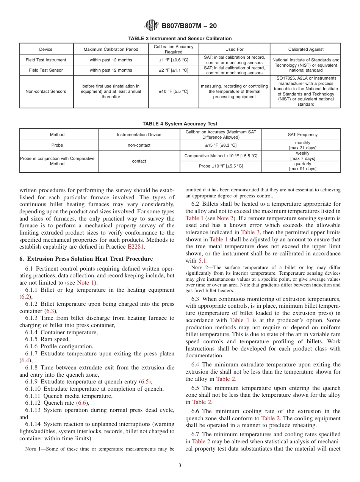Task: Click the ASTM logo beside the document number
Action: (152, 26)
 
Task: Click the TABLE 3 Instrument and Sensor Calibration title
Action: (180, 39)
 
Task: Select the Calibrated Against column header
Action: (305, 49)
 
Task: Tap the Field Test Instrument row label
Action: (46, 60)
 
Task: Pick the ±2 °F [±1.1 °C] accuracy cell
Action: (174, 70)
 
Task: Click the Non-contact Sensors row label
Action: (46, 91)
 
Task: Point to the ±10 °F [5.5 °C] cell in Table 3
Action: (174, 91)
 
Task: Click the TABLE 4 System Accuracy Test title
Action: (180, 124)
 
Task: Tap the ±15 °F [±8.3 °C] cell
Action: (221, 145)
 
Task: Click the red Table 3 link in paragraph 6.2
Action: (248, 232)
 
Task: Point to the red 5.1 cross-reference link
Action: (202, 261)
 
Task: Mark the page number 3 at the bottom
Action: (180, 466)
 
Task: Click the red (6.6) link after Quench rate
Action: (82, 403)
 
